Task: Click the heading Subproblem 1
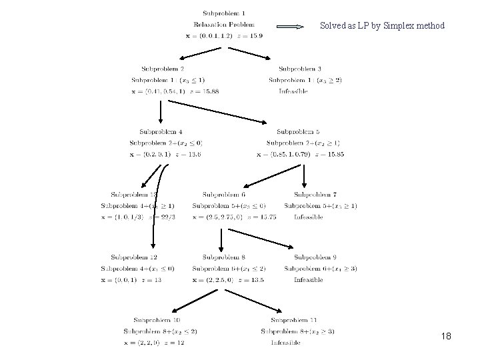(x=224, y=13)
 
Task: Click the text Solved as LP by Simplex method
(x=382, y=26)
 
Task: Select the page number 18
(x=446, y=337)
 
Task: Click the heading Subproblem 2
(x=163, y=68)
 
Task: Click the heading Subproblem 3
(x=300, y=68)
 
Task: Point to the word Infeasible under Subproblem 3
(x=293, y=91)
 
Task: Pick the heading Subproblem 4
(x=161, y=131)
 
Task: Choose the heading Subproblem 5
(x=298, y=131)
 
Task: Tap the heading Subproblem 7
(x=316, y=194)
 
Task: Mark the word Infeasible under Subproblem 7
(x=309, y=217)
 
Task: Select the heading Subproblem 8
(x=224, y=257)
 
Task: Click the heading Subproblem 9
(x=315, y=257)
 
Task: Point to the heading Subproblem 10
(x=157, y=319)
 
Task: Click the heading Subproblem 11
(x=294, y=319)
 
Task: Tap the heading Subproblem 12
(x=134, y=257)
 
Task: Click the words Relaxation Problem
(x=224, y=25)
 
